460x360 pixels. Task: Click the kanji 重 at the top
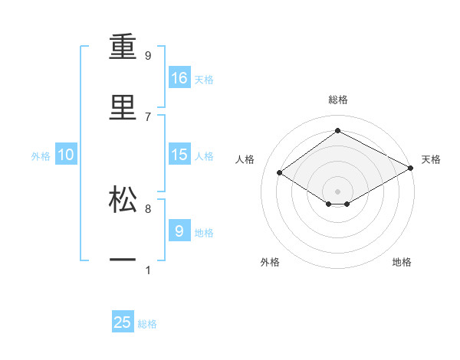click(x=123, y=49)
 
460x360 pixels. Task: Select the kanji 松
click(x=123, y=199)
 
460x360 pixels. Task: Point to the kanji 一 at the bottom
click(x=123, y=260)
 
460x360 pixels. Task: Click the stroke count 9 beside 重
click(x=148, y=56)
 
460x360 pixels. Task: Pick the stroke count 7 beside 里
click(x=148, y=116)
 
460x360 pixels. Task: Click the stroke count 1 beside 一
click(x=148, y=270)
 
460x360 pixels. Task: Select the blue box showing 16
click(x=179, y=78)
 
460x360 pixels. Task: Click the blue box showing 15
click(x=179, y=155)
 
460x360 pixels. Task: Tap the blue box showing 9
click(x=179, y=231)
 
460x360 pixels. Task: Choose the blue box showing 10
click(x=66, y=155)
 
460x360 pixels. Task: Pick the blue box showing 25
click(x=123, y=322)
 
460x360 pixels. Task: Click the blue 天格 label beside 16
click(x=204, y=80)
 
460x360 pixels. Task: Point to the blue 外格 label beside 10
click(x=41, y=156)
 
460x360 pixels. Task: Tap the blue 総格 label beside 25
click(x=147, y=324)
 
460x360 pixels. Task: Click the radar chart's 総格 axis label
click(x=337, y=100)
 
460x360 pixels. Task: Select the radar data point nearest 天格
click(x=412, y=169)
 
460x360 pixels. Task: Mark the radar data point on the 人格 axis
click(x=280, y=173)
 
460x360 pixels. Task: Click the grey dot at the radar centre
click(x=337, y=190)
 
